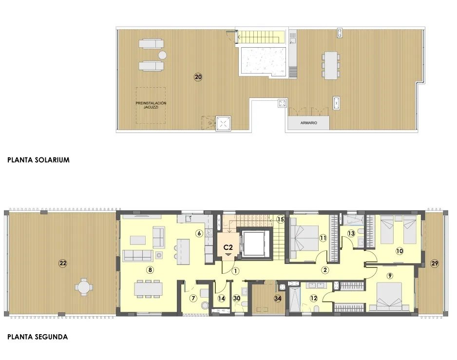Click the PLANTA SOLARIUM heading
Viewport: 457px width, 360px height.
click(x=38, y=160)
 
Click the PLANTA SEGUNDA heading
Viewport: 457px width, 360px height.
click(x=37, y=337)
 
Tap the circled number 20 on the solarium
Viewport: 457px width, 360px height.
click(x=198, y=77)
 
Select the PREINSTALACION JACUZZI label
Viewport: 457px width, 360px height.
click(x=151, y=105)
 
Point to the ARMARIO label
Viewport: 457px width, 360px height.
click(x=308, y=123)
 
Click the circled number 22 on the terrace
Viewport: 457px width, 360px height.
click(x=62, y=264)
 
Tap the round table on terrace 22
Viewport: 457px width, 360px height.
click(x=84, y=287)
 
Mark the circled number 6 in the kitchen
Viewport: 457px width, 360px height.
click(x=199, y=233)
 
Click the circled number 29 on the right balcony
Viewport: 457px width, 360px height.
click(x=435, y=264)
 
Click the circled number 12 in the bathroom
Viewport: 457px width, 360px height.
click(x=314, y=298)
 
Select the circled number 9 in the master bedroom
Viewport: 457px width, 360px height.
click(x=390, y=275)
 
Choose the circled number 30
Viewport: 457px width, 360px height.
click(x=237, y=298)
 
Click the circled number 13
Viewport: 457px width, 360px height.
click(x=351, y=233)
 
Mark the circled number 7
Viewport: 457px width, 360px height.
click(x=193, y=298)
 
